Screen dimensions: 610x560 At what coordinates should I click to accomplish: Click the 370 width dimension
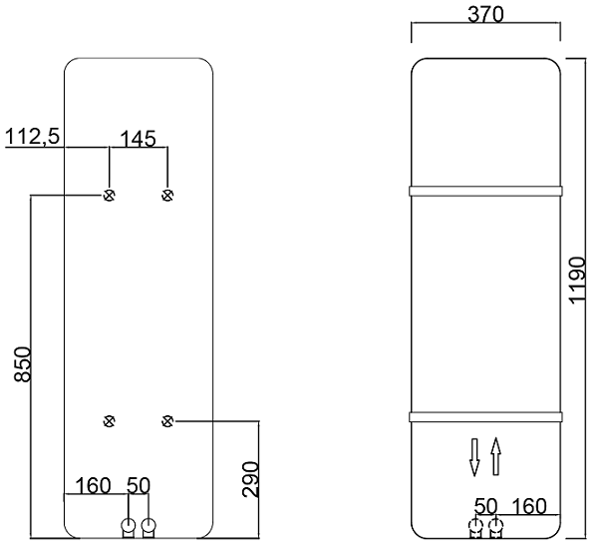pos(485,14)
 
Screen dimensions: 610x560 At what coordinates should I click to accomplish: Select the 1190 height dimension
pos(577,279)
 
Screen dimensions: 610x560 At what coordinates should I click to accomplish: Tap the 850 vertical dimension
pos(23,364)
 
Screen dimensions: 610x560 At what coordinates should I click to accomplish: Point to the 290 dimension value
pos(250,479)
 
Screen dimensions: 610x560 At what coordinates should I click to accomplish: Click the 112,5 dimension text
pos(32,137)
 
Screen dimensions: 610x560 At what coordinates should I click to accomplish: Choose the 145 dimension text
pos(139,139)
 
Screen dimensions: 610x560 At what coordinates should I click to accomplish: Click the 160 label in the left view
pos(93,485)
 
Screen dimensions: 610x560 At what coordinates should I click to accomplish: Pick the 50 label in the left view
pos(139,485)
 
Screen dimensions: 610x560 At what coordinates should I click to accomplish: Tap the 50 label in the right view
pos(485,506)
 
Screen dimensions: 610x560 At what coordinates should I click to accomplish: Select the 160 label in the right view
pos(529,506)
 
